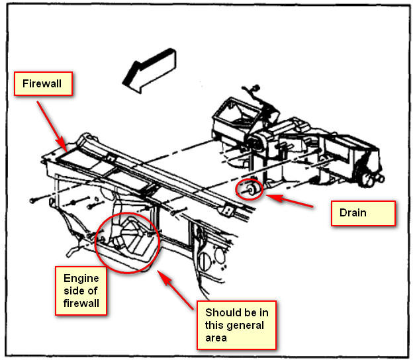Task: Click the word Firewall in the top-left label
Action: click(43, 85)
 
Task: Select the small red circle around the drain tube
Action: click(249, 191)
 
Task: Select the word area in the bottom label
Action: click(216, 337)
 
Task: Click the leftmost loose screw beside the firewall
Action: click(37, 199)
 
